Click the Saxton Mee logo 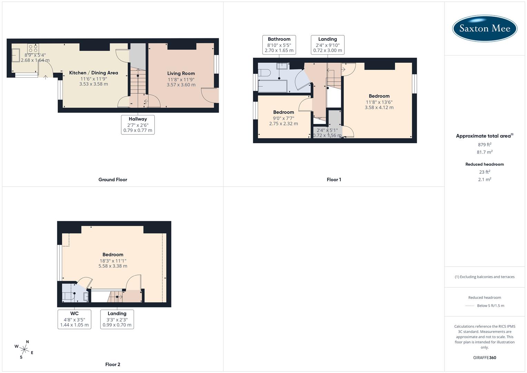tap(485, 28)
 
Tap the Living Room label tap(181, 73)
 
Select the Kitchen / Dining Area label tap(94, 73)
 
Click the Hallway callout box tap(138, 125)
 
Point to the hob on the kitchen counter tap(33, 48)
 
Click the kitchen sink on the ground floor tap(16, 55)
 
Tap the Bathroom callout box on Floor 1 tap(279, 45)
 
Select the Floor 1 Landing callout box tap(328, 45)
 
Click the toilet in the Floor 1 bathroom tap(264, 73)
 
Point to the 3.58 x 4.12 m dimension tap(379, 107)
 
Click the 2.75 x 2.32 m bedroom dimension tap(283, 124)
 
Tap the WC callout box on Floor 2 tap(74, 319)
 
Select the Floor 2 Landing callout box tap(117, 319)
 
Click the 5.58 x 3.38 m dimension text tap(113, 266)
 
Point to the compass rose tap(24, 349)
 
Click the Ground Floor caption tap(113, 180)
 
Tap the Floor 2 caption tap(113, 364)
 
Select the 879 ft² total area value tap(484, 145)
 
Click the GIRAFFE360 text tap(485, 358)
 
